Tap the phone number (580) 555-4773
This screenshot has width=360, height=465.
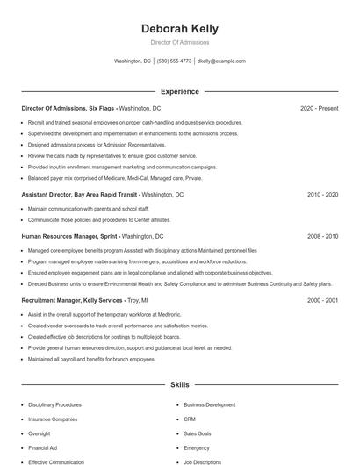tap(175, 61)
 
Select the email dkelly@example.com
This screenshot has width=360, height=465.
tap(221, 61)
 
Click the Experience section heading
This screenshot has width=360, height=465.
tap(180, 91)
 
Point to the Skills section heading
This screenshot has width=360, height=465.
tap(180, 385)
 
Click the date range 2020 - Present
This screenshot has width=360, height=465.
tap(319, 109)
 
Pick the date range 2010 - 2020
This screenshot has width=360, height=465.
tap(322, 194)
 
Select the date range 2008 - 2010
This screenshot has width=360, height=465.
tap(322, 236)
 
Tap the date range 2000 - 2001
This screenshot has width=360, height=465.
tap(322, 300)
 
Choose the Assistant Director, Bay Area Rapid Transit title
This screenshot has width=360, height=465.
tap(79, 194)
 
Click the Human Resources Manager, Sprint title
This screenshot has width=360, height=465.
tap(69, 236)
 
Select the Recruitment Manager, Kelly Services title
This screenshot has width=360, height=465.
tap(72, 300)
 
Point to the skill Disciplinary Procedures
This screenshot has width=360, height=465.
tap(54, 405)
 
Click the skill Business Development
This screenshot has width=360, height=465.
tap(210, 405)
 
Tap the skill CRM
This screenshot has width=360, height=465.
tap(190, 419)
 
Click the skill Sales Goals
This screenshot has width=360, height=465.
tap(198, 433)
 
